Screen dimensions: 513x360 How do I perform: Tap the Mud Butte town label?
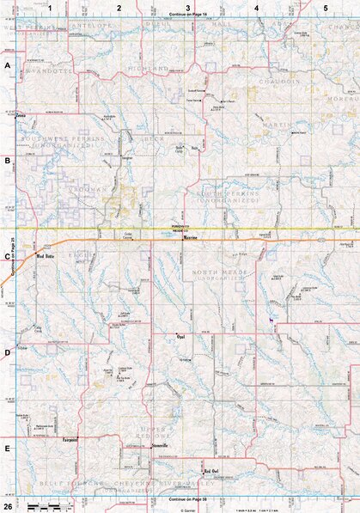pos(45,256)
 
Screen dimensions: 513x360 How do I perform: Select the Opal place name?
pos(180,337)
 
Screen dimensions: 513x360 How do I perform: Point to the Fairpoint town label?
pos(70,440)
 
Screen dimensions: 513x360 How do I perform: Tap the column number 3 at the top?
pos(188,7)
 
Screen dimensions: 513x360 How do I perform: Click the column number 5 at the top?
pos(325,7)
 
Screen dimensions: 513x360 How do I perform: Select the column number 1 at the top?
pos(51,7)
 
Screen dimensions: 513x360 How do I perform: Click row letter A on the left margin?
pos(7,65)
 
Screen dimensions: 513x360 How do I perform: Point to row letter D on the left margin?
pos(7,352)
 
